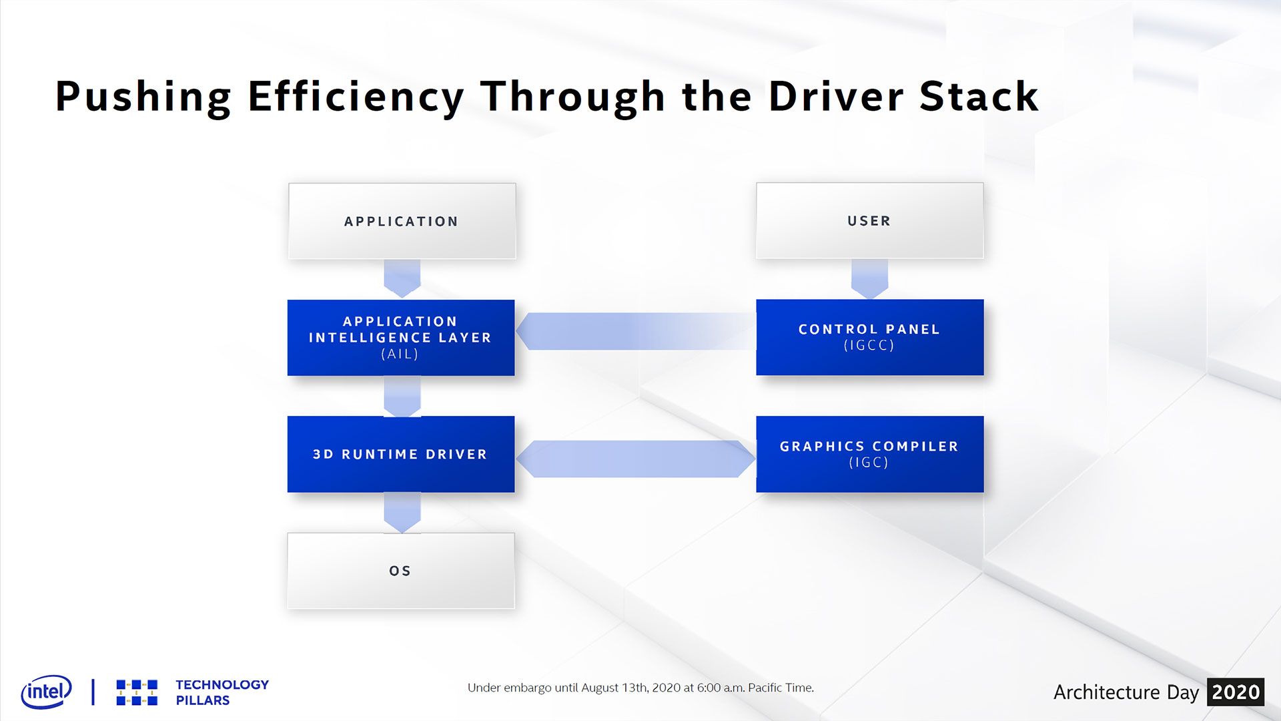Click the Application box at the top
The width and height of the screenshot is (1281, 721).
402,221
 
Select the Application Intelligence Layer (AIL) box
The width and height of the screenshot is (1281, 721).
401,338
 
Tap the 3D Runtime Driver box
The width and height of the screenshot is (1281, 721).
401,454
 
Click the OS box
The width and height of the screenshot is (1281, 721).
401,571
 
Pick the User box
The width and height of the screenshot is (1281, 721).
869,220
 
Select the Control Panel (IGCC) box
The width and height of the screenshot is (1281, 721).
869,337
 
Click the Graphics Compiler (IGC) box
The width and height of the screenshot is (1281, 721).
869,454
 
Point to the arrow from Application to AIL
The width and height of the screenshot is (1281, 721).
402,278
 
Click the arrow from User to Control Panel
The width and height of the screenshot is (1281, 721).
869,278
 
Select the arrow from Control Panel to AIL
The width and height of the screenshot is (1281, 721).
636,331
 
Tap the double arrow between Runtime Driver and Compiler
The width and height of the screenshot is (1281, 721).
636,459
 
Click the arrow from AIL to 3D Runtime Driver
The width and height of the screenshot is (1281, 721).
402,396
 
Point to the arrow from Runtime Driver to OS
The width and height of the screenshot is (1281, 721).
402,512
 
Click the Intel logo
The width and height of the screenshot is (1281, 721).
46,692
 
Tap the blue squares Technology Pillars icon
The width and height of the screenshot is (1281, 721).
137,692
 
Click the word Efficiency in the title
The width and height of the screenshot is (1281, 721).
356,97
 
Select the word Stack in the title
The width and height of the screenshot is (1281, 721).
979,97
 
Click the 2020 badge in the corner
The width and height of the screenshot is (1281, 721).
1236,692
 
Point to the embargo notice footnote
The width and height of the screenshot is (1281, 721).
640,688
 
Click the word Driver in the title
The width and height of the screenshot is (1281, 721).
837,97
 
